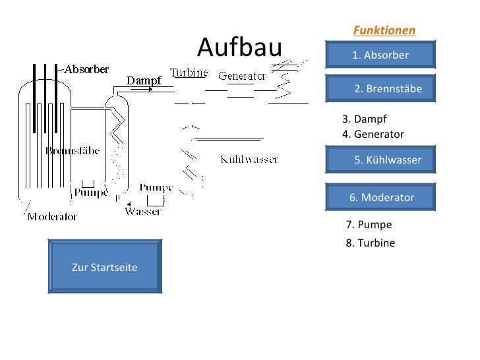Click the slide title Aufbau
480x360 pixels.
239,47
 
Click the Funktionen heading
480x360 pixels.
384,30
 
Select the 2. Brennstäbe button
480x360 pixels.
380,88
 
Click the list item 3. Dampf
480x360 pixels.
364,119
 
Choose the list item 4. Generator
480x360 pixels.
373,135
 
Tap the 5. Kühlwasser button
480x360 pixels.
380,160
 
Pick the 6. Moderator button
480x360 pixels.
380,197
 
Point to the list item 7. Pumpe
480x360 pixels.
369,224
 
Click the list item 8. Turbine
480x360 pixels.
370,243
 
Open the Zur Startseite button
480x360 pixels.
104,267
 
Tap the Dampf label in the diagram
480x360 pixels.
144,81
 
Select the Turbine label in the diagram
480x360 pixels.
189,73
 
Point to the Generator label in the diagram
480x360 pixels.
241,76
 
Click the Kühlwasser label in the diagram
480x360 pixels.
249,160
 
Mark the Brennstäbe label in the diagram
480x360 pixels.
73,151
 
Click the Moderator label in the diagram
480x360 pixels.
52,216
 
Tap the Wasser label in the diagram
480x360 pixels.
143,212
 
